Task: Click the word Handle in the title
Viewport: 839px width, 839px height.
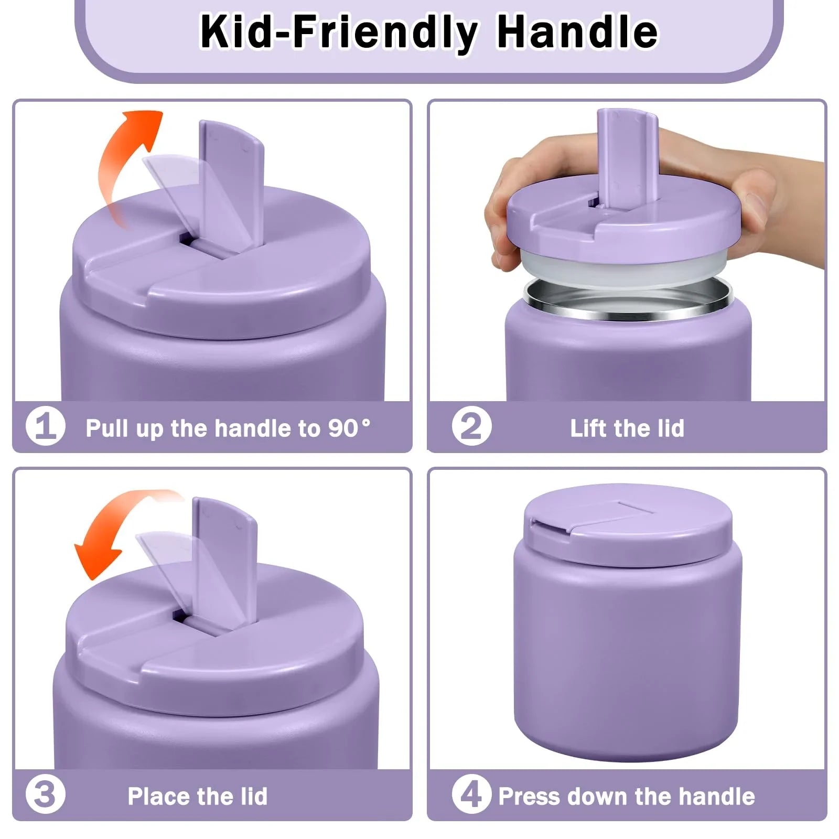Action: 577,33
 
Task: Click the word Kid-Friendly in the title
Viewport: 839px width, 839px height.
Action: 338,33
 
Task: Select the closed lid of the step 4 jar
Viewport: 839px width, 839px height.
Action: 628,524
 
